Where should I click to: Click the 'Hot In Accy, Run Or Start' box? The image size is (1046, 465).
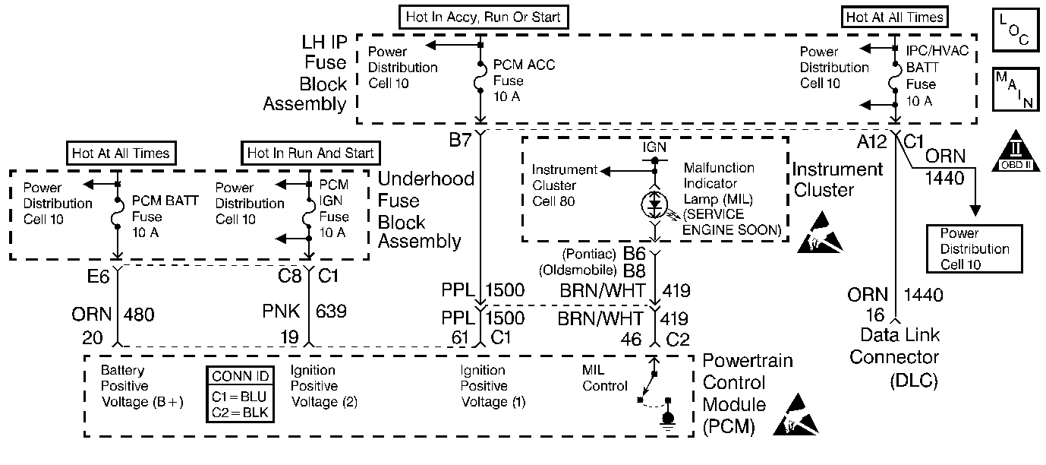click(483, 16)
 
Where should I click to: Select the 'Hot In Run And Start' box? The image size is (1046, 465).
click(310, 153)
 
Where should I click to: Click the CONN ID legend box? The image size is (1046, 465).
click(241, 394)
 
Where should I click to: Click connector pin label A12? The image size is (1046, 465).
click(871, 140)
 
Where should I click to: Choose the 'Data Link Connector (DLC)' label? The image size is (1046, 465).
click(893, 357)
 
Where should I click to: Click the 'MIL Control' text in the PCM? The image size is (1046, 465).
click(605, 378)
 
